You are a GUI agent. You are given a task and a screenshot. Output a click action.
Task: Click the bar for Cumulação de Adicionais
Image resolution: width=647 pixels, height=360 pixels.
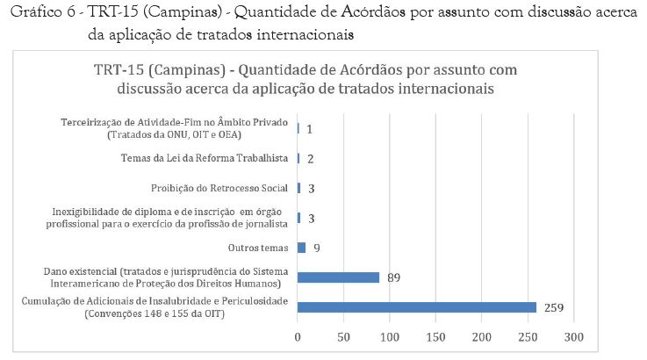[x=416, y=307]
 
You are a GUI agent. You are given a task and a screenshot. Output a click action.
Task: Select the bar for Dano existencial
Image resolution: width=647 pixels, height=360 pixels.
[x=338, y=277]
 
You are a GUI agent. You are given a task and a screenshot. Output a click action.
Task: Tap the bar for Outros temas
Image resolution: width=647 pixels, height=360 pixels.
[x=301, y=248]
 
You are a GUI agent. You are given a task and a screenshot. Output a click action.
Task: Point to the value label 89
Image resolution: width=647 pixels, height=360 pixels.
[x=393, y=277]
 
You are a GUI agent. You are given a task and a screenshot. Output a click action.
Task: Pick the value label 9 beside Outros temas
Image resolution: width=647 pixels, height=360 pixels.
[x=316, y=248]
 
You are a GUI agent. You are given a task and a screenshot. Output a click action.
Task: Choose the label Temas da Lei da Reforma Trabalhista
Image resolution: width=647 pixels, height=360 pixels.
[x=205, y=158]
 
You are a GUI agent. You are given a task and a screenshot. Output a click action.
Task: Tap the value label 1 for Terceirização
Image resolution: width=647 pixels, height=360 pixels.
[x=310, y=128]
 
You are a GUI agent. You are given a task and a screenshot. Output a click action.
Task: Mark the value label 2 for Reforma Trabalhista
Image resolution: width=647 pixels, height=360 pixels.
[x=311, y=158]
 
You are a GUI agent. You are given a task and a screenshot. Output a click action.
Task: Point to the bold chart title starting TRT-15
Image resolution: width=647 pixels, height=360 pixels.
[x=306, y=79]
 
